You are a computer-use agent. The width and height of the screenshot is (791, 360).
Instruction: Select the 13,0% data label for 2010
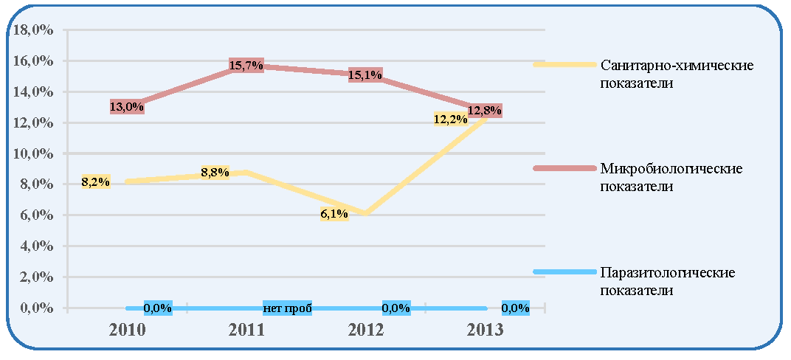pyautogui.click(x=127, y=106)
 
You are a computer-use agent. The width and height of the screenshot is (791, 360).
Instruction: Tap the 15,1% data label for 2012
pyautogui.click(x=365, y=75)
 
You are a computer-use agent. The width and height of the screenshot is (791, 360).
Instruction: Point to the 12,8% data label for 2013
pyautogui.click(x=485, y=111)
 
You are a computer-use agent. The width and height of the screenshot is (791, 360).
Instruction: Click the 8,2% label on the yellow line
pyautogui.click(x=95, y=182)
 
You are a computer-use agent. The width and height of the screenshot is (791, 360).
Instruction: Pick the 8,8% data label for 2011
pyautogui.click(x=215, y=173)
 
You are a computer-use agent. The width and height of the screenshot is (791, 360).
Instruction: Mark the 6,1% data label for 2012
pyautogui.click(x=334, y=214)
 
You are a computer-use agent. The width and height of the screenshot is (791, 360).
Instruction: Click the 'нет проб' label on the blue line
pyautogui.click(x=288, y=308)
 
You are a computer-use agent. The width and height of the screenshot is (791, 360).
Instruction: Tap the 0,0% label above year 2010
pyautogui.click(x=158, y=308)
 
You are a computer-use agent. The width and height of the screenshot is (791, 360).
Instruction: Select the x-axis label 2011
pyautogui.click(x=247, y=330)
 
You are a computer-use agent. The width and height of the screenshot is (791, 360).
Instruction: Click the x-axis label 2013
pyautogui.click(x=485, y=330)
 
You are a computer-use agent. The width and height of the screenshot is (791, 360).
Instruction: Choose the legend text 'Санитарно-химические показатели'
pyautogui.click(x=677, y=74)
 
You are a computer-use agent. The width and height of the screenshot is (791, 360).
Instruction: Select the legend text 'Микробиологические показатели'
pyautogui.click(x=671, y=177)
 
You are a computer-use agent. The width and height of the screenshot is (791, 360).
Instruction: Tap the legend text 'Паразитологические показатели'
pyautogui.click(x=667, y=281)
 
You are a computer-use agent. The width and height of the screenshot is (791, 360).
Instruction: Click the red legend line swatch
pyautogui.click(x=564, y=168)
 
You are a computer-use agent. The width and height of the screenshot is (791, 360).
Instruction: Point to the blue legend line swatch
pyautogui.click(x=564, y=271)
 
